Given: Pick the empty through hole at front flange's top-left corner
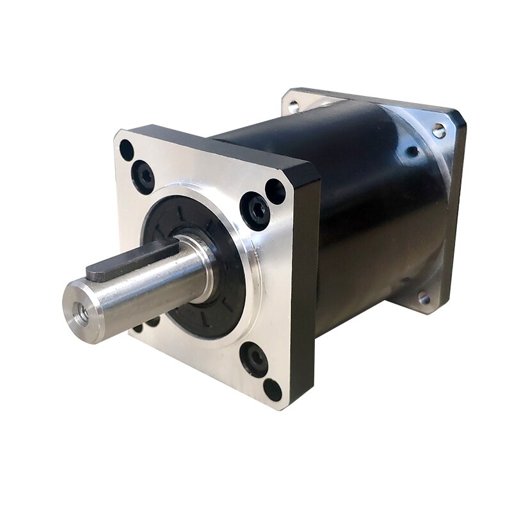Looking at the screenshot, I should [127, 151].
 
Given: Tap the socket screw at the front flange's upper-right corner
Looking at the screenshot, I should [254, 211].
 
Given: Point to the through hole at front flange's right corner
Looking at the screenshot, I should [275, 191].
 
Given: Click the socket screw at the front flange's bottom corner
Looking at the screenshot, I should [255, 360].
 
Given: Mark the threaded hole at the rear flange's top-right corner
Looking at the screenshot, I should [439, 131].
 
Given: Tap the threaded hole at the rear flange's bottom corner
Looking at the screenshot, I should [423, 298].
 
